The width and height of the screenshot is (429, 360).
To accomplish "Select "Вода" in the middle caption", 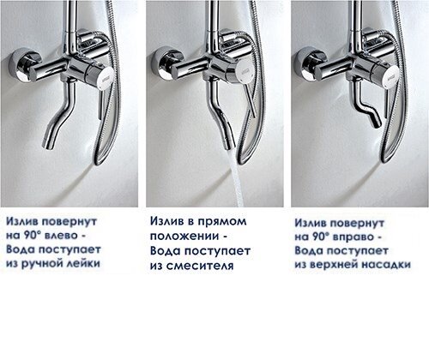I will click(x=165, y=250).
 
